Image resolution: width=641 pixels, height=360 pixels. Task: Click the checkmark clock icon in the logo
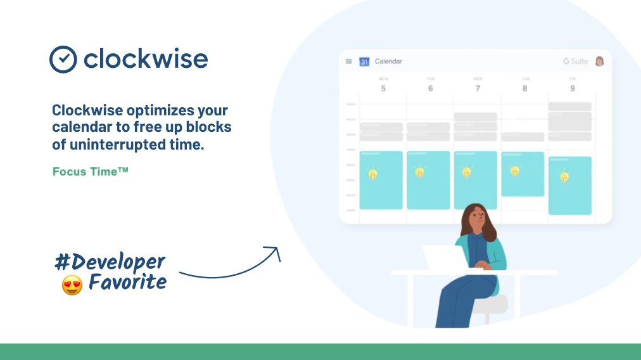point(63,60)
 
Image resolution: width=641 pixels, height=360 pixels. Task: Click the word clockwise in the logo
point(146,60)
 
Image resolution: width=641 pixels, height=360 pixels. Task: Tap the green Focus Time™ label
point(91,171)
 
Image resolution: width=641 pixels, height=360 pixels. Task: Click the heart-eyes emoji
point(72,285)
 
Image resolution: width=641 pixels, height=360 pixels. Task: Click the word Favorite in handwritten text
point(127,282)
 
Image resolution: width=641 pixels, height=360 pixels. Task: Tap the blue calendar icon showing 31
point(364,61)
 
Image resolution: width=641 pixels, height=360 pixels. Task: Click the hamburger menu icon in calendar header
point(348,61)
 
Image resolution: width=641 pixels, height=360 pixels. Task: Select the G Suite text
point(575,61)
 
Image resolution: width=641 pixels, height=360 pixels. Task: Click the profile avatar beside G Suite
point(599,61)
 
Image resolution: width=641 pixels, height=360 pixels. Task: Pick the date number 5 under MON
point(383,89)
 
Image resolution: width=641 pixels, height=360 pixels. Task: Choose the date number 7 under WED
point(478,89)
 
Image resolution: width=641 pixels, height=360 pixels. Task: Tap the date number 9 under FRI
point(572,89)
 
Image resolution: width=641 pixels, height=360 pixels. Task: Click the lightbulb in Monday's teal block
point(373,174)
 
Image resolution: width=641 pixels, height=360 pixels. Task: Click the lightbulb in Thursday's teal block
point(514,171)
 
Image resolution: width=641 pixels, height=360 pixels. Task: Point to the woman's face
point(477,218)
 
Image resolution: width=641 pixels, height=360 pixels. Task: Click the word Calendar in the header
point(388,61)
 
